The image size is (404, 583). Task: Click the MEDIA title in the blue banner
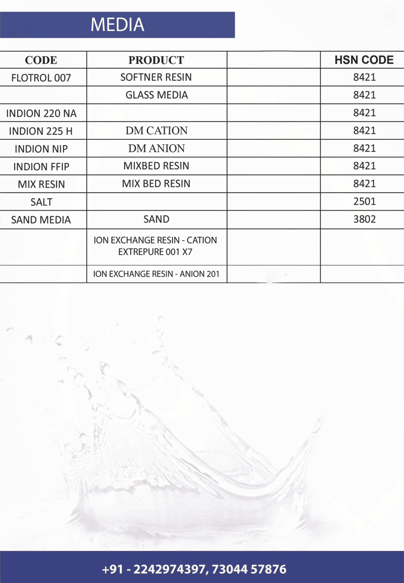coord(117,25)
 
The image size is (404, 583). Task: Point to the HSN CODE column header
coord(364,60)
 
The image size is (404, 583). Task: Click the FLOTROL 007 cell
coord(41,78)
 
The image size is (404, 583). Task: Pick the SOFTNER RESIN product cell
coord(156,77)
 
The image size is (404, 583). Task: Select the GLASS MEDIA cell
coord(157,95)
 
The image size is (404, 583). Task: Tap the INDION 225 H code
coord(41,131)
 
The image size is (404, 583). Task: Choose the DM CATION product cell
coord(157,131)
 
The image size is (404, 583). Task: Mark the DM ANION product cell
coord(157,148)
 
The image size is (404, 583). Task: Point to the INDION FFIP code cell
coord(41,167)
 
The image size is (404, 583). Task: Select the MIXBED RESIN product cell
coord(156,166)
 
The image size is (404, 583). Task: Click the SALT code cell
coord(41,202)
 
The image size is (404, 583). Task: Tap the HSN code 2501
coord(365,202)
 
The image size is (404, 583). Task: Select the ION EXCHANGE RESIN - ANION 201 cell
coord(156,274)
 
